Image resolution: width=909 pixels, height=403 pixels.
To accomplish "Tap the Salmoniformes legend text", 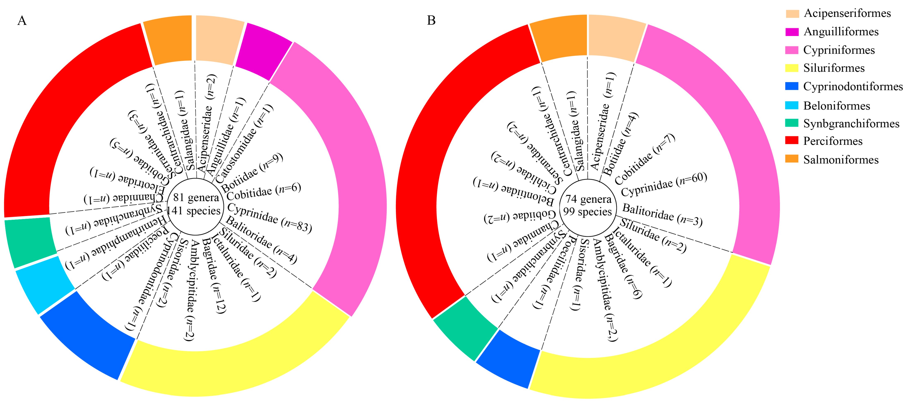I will point(841,160).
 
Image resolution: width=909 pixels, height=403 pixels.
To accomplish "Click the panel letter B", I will point(431,20).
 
